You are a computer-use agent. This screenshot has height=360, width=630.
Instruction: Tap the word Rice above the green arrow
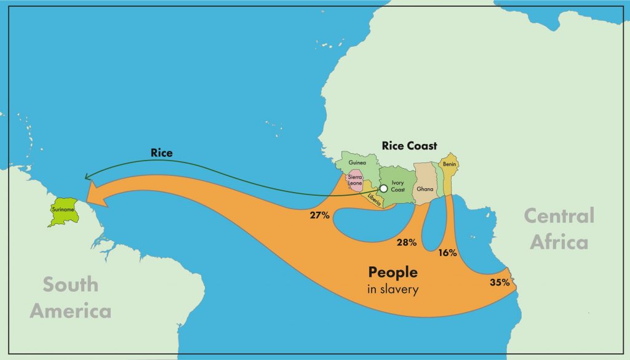[161, 153]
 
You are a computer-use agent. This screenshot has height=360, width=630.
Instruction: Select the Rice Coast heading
[409, 146]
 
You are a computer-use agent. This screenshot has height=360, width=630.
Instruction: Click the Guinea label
[357, 163]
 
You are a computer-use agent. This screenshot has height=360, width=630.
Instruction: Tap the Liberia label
[373, 198]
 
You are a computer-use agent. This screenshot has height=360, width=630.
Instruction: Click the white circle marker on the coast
[383, 188]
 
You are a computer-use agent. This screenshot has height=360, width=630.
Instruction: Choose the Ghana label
[425, 189]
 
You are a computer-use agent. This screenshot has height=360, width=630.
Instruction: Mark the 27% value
[320, 215]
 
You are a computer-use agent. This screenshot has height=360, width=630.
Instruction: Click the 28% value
[407, 242]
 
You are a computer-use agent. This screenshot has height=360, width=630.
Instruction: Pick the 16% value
[447, 253]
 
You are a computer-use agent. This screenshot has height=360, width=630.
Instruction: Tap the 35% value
[500, 283]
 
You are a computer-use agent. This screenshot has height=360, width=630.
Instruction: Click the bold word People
[393, 272]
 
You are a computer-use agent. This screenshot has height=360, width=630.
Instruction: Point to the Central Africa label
[559, 228]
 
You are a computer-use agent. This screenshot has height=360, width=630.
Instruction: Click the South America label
[71, 297]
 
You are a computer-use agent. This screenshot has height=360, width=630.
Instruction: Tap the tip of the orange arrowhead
[87, 196]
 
